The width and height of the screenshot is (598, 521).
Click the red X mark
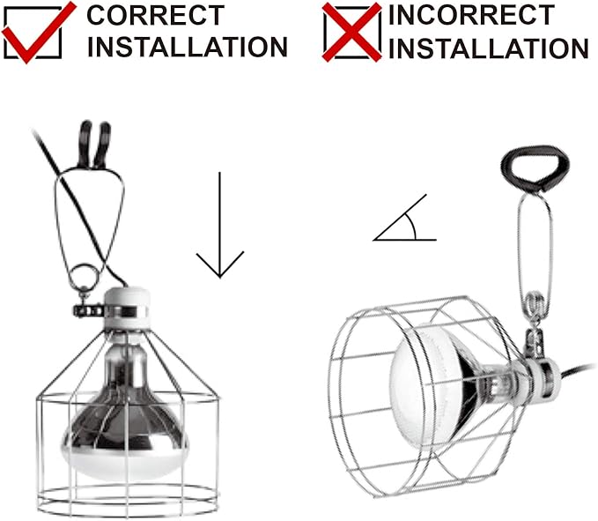coord(351,32)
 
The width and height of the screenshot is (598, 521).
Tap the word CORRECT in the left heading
coord(155,15)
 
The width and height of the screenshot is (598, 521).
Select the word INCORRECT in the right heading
coord(471,15)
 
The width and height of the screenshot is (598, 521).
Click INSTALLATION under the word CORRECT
coord(188,47)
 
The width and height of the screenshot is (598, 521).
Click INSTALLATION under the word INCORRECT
coord(489,48)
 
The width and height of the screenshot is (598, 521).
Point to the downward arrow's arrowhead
coord(220,264)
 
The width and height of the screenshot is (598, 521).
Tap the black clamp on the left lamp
coord(94,145)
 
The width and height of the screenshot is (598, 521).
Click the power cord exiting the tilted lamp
coord(578,370)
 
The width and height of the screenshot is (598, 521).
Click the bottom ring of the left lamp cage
coord(128,500)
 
